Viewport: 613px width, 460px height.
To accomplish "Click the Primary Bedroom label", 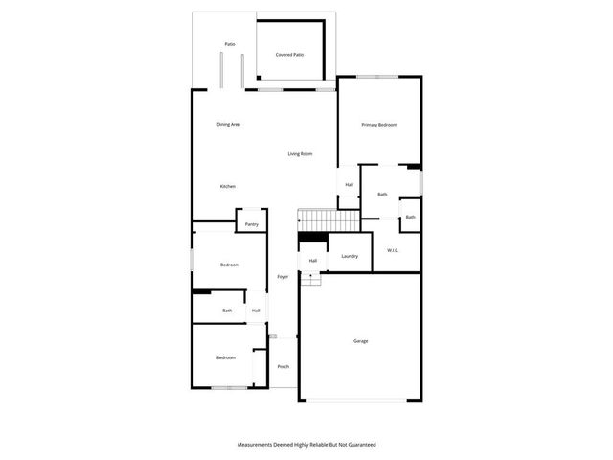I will pos(378,125).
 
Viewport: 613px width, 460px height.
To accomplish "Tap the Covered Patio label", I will pos(289,55).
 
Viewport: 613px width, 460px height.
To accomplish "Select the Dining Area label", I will pos(228,124).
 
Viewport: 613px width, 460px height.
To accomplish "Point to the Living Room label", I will pos(300,154).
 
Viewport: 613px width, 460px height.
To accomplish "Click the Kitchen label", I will pos(227,186).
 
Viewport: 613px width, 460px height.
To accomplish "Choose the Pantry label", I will pos(252,224).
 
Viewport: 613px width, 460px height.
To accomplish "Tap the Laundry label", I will pos(350,256).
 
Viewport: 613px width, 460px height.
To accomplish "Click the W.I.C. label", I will pos(393,251).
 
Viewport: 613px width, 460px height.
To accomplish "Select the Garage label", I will pos(361,341).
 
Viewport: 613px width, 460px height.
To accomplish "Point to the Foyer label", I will pos(283,277).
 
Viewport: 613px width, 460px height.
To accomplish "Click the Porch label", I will pos(283,367).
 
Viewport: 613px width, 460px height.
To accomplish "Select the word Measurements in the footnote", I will pos(259,445).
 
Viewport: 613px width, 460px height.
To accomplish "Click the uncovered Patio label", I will pos(230,44).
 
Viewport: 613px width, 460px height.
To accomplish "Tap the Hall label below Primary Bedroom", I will pos(350,185).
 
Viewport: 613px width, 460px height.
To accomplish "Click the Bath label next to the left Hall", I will pos(227,310).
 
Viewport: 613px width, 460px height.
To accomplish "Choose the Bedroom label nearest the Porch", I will pos(225,357).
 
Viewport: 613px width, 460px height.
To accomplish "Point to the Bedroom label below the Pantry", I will pos(229,264).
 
